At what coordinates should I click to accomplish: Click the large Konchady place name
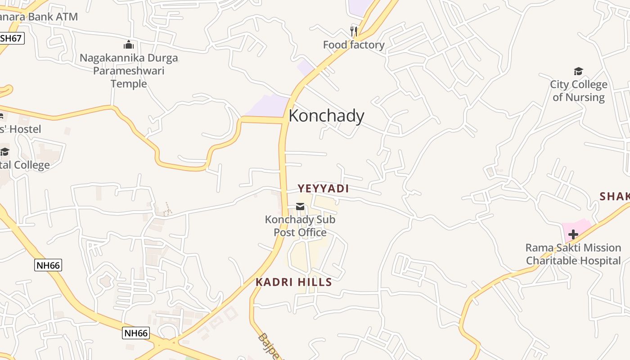coord(326,116)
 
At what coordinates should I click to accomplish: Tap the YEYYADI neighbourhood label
coord(323,189)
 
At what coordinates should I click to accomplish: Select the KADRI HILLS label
coord(293,282)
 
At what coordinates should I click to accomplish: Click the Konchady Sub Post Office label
coord(300,226)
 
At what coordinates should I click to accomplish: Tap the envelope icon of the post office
coord(300,207)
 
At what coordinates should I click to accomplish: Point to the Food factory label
coord(354,45)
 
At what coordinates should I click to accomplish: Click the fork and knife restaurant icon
coord(354,31)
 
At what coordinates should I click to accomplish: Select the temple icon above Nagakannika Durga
coord(129,45)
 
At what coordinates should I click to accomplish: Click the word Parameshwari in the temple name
coord(129,71)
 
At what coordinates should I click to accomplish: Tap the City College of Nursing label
coord(578,90)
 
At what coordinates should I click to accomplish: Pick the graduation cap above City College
coord(578,71)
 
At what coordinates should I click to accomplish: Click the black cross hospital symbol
coord(573,234)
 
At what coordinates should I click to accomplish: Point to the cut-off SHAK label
coord(615,196)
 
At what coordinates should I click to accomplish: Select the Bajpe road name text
coord(269,346)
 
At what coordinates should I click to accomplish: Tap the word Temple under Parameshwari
coord(129,84)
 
